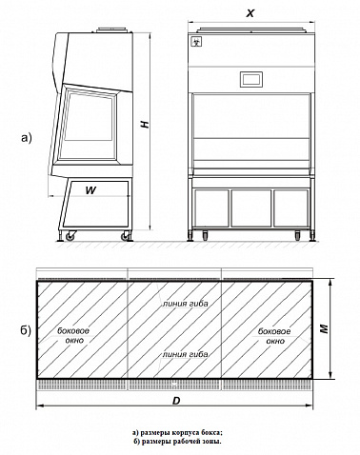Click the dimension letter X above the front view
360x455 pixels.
tap(250, 13)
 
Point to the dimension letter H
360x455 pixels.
tap(145, 124)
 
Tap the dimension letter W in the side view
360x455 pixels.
tap(90, 190)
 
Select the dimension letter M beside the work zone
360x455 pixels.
tap(324, 328)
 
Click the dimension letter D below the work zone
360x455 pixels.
tap(176, 401)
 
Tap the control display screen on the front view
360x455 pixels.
tap(251, 79)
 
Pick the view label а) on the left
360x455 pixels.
tap(27, 138)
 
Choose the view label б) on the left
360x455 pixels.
tap(26, 330)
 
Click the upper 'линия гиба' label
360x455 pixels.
tap(186, 304)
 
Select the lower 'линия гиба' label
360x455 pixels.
tap(186, 354)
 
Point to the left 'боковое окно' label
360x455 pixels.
tap(73, 335)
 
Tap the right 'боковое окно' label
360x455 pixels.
tap(274, 336)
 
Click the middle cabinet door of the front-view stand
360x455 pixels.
tap(251, 208)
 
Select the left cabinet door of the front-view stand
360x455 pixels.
tap(211, 208)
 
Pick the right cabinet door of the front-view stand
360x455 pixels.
tap(290, 208)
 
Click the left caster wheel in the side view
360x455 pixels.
tap(70, 236)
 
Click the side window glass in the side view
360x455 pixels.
tap(89, 117)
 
